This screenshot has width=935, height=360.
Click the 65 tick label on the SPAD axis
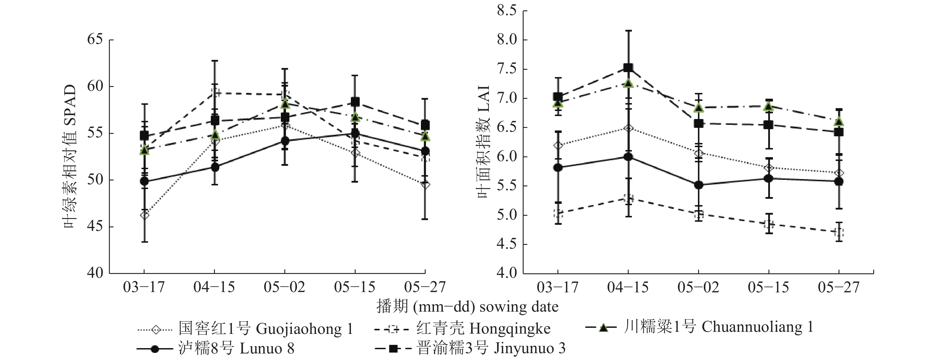(x=95, y=39)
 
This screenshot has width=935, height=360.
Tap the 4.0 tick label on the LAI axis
(x=507, y=273)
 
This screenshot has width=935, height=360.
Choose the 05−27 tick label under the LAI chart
(x=839, y=287)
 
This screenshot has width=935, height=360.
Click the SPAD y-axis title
(x=70, y=156)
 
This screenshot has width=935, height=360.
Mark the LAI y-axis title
(x=484, y=142)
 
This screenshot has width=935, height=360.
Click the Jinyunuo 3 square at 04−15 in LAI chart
(x=628, y=68)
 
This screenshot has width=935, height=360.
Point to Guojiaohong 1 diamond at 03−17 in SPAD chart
(x=145, y=215)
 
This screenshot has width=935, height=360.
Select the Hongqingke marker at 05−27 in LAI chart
(x=839, y=232)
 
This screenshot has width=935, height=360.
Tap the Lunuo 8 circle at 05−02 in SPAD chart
(x=285, y=141)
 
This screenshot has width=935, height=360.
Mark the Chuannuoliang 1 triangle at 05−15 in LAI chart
(x=768, y=106)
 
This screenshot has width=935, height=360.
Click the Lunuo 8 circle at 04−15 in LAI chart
(x=628, y=157)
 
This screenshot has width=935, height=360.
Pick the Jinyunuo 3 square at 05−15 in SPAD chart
(x=355, y=102)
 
